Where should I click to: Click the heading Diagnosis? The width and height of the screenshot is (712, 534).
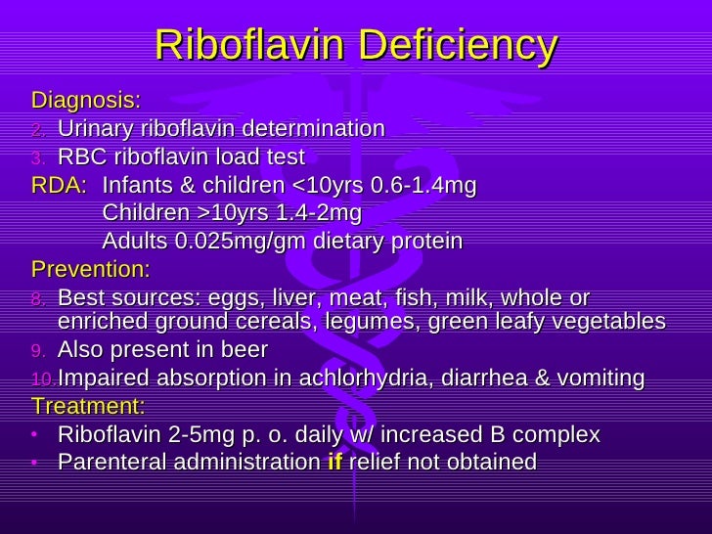pyautogui.click(x=86, y=101)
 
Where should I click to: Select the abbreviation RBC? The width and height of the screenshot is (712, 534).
pyautogui.click(x=79, y=157)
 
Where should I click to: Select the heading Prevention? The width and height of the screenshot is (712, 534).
pyautogui.click(x=91, y=269)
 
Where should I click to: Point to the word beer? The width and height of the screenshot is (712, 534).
pyautogui.click(x=245, y=350)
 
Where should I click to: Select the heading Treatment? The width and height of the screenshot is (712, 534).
pyautogui.click(x=88, y=406)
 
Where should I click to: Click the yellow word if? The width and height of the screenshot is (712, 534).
pyautogui.click(x=334, y=463)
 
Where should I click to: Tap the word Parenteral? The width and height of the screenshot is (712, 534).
pyautogui.click(x=106, y=463)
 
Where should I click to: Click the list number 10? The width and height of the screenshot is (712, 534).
pyautogui.click(x=44, y=379)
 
